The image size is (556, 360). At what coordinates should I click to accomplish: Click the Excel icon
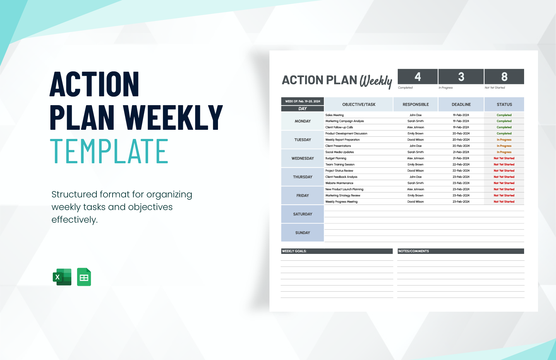click(62, 277)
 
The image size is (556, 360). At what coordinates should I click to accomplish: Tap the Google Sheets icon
click(84, 277)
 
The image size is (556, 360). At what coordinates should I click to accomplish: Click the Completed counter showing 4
click(418, 77)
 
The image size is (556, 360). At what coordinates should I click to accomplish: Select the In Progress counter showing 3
click(461, 77)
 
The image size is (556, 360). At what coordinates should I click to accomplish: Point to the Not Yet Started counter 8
click(504, 77)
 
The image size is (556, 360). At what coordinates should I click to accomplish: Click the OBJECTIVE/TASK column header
click(359, 105)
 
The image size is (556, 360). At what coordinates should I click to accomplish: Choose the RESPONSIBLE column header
click(416, 105)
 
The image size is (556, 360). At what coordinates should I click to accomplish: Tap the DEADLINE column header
click(461, 105)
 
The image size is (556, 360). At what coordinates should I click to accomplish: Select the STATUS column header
click(504, 105)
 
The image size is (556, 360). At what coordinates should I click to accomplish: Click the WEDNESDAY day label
click(303, 159)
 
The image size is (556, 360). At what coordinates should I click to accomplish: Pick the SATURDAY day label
click(303, 214)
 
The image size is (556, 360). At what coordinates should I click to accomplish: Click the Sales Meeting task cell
click(335, 115)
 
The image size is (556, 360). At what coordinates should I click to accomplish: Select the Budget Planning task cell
click(336, 159)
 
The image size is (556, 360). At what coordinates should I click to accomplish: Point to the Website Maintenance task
click(339, 183)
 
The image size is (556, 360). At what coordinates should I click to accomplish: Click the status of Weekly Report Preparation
click(504, 140)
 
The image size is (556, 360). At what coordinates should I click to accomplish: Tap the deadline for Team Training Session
click(461, 165)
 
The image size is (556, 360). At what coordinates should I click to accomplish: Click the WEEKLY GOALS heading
click(294, 251)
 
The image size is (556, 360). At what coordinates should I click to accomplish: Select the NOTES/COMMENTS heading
click(414, 251)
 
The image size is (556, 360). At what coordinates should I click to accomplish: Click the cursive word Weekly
click(376, 81)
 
